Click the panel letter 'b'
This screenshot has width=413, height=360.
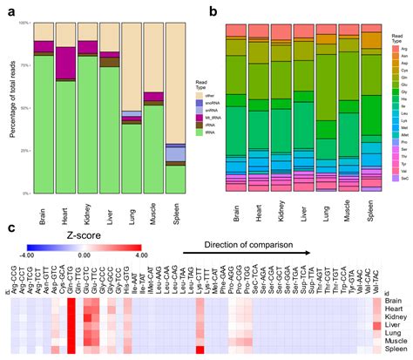pyautogui.click(x=212, y=8)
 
